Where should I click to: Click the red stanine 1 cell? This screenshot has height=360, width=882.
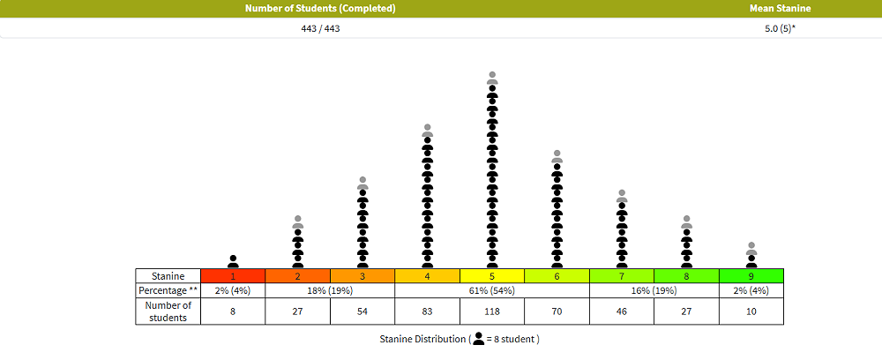(233, 275)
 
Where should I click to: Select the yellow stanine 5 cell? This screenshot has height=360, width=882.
(492, 275)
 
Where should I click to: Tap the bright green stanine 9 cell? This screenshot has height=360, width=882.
(751, 275)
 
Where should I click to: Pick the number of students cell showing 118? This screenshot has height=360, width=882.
(492, 311)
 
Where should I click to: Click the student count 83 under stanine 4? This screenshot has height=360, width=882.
(427, 311)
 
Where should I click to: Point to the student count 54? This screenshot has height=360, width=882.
(363, 311)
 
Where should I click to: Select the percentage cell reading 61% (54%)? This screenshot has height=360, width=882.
(492, 289)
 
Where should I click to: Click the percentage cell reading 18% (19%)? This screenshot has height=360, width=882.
(297, 289)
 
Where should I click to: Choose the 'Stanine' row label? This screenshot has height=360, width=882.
(168, 275)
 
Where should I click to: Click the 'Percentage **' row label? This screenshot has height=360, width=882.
(168, 289)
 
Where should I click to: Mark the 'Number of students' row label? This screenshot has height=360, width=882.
(168, 311)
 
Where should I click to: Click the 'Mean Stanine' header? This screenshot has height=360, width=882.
(780, 9)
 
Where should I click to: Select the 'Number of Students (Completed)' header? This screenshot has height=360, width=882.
(320, 9)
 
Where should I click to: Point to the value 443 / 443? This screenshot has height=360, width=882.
(320, 28)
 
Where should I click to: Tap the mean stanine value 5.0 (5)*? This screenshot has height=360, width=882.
(780, 28)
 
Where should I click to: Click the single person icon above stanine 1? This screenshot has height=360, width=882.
(233, 261)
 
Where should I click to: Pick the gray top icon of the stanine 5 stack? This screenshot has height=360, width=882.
(492, 78)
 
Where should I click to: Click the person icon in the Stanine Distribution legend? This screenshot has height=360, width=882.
(479, 339)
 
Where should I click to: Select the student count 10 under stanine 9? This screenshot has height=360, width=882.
(751, 311)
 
